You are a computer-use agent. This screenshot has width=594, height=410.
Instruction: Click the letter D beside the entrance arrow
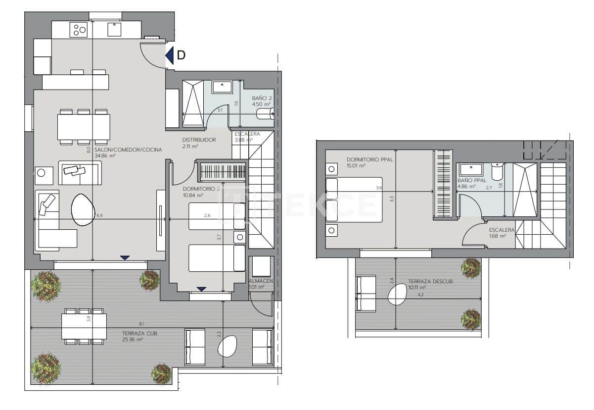[182, 55]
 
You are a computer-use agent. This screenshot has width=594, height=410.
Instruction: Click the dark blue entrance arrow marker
[170, 55]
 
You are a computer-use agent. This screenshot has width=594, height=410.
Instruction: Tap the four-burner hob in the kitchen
[80, 29]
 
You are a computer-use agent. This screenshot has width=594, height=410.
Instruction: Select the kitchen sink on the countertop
[115, 30]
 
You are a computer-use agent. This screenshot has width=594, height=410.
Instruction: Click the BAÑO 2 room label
[262, 98]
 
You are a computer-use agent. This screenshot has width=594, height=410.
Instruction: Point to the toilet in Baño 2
[266, 115]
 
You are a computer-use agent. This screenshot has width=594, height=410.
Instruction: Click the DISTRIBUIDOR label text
[199, 140]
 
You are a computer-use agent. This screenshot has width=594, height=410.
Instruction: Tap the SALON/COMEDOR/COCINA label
[128, 149]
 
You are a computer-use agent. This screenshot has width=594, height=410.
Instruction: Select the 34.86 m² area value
[105, 155]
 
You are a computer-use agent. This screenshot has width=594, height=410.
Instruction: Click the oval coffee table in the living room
[83, 210]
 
